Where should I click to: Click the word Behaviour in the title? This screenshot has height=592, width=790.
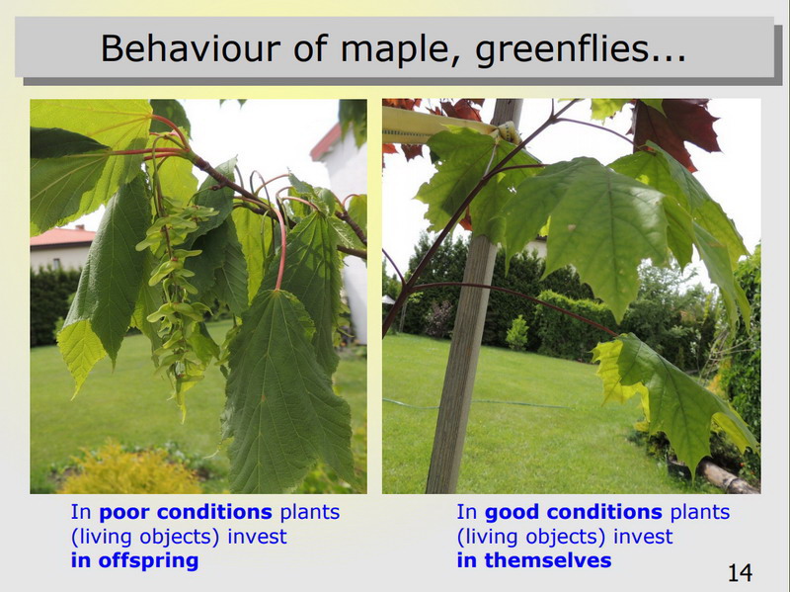(x=191, y=48)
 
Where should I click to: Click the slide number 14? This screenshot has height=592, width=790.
(x=740, y=573)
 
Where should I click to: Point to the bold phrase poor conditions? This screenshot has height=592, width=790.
(x=186, y=512)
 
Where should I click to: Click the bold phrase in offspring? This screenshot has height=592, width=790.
(x=134, y=560)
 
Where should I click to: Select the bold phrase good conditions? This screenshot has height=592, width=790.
(x=573, y=512)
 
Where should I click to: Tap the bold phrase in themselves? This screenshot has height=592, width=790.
(x=534, y=560)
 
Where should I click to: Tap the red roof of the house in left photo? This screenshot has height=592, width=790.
(x=62, y=236)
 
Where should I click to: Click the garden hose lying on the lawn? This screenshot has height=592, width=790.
(x=479, y=404)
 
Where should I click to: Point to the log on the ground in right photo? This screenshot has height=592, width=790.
(x=728, y=477)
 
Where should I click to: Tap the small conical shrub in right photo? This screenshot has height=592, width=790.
(x=516, y=333)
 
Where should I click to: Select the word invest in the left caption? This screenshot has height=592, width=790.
(x=257, y=536)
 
